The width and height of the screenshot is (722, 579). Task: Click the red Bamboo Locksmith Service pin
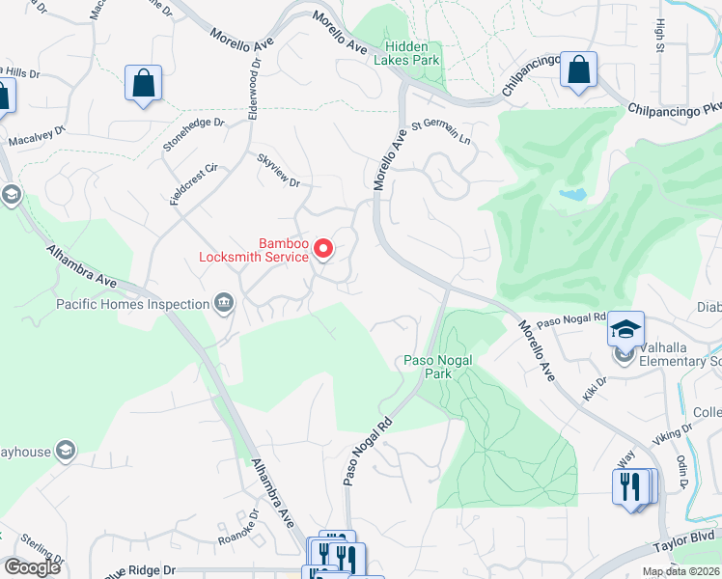point(324,249)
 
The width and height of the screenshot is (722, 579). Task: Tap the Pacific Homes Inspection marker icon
point(224,304)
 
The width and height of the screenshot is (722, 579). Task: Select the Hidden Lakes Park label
point(412,53)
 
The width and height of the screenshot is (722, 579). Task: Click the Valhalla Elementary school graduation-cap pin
point(625,330)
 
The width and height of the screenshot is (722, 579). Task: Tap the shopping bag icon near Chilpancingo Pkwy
point(578,70)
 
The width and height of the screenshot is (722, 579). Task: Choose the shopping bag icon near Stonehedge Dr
point(143,83)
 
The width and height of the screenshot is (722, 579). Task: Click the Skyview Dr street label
point(278,170)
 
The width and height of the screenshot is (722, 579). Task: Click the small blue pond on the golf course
point(572,195)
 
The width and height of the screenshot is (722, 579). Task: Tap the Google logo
point(32,567)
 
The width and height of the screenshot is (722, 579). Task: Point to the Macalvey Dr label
point(37,137)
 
